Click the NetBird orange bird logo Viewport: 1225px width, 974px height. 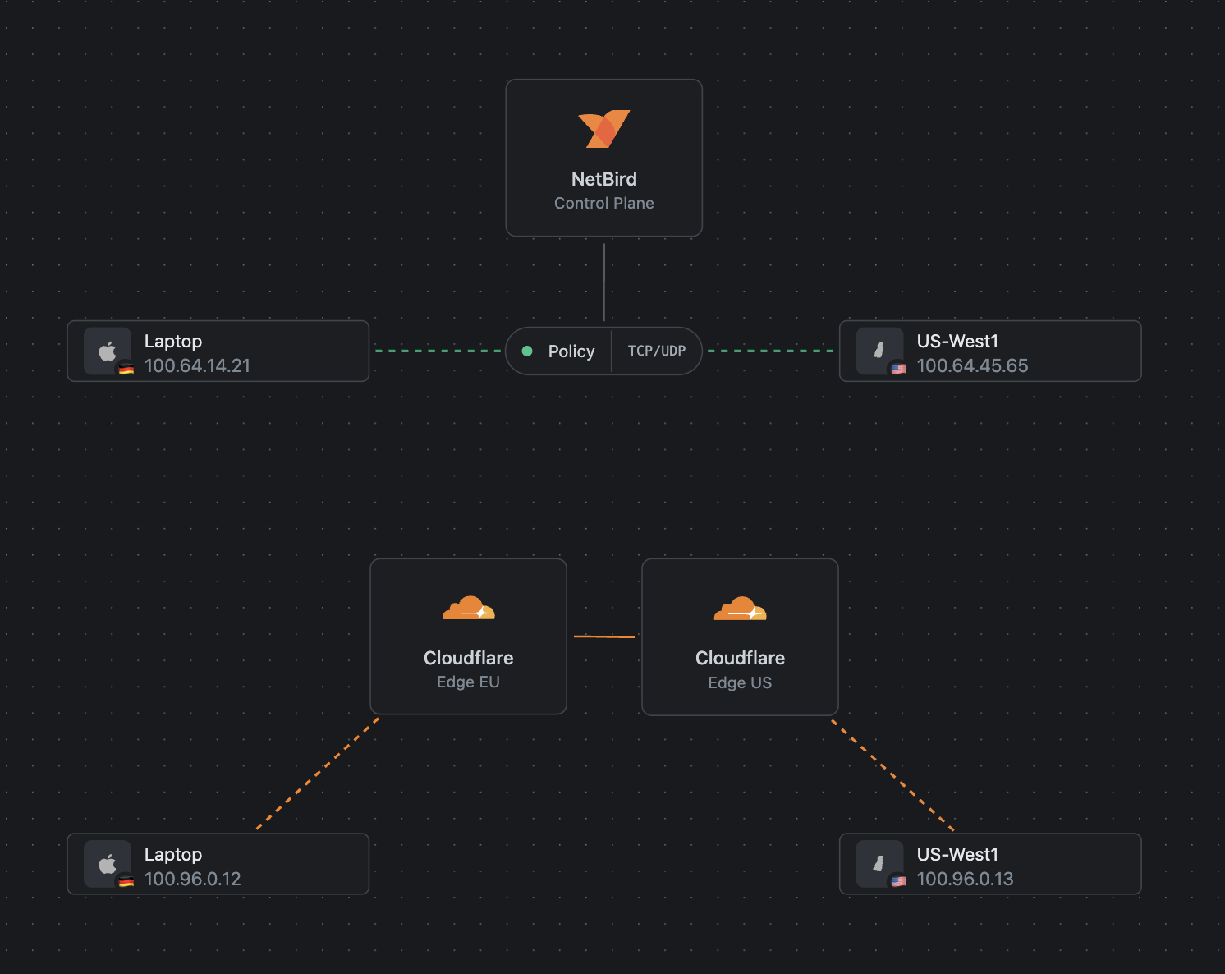point(603,129)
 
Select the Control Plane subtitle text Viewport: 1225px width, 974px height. point(603,203)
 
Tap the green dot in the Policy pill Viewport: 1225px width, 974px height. point(527,351)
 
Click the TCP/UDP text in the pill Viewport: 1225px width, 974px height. point(656,351)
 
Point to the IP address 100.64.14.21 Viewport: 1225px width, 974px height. point(197,365)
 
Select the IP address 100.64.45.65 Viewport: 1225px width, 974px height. point(972,365)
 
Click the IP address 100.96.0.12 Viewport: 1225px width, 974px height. point(192,879)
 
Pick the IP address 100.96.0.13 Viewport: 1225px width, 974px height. point(965,879)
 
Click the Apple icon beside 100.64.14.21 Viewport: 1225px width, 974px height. point(108,351)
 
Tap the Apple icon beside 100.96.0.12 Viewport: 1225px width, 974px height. point(108,864)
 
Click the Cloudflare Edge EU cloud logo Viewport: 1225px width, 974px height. point(468,609)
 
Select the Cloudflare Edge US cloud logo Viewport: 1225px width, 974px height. point(740,609)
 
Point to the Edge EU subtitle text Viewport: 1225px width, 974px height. point(468,682)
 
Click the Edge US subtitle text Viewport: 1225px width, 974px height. point(740,682)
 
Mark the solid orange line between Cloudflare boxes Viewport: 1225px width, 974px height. point(604,636)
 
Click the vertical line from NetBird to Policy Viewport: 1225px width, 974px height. point(603,282)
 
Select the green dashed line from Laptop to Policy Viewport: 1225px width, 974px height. point(437,351)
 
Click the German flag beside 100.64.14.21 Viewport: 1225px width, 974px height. point(126,369)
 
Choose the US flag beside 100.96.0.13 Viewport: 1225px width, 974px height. point(899,881)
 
